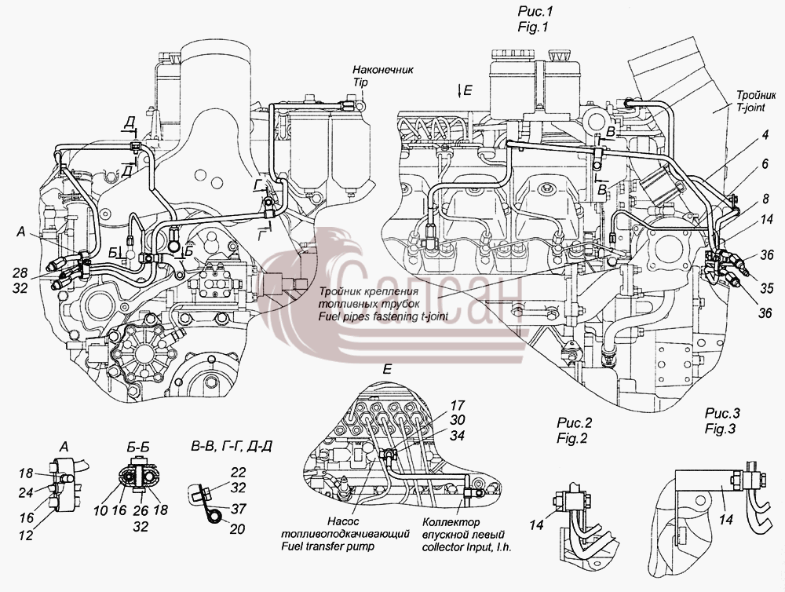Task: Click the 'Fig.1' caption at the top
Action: [533, 27]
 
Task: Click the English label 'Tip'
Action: [360, 82]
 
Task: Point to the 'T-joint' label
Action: [750, 108]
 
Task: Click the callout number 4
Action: [765, 135]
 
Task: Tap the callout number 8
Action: [766, 199]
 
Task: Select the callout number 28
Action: [20, 273]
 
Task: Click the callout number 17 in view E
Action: [457, 404]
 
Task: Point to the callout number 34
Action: [457, 436]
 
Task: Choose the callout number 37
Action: [239, 508]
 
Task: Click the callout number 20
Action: [238, 528]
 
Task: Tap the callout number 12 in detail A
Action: [26, 535]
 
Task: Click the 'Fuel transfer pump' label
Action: [327, 546]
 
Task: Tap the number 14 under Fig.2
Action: [537, 525]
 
